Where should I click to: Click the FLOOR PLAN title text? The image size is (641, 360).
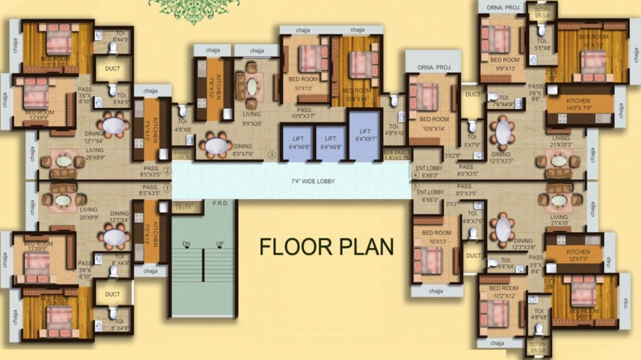(326, 247)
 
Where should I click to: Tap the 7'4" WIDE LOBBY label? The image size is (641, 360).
(313, 181)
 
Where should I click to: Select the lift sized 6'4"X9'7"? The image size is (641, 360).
(365, 135)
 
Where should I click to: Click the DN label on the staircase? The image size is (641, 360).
(187, 244)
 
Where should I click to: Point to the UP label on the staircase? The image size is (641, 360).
(220, 244)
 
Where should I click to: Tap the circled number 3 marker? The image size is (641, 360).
(272, 155)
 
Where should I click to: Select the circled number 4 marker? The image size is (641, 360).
(415, 175)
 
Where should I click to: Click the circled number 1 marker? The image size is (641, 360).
(167, 188)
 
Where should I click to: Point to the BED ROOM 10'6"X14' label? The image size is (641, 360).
(434, 123)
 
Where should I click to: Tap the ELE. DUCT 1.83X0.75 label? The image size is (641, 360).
(397, 154)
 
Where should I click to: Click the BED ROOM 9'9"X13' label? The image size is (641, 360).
(505, 63)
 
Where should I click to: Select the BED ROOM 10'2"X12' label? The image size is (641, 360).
(504, 292)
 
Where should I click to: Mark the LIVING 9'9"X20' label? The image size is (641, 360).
(251, 118)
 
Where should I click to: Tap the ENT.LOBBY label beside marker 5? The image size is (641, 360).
(430, 196)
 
